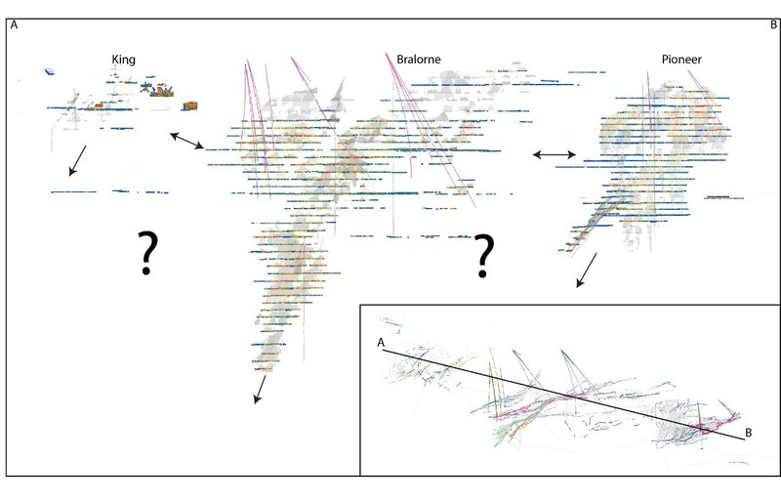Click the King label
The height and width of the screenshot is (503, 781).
click(x=124, y=60)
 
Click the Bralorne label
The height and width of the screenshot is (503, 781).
click(x=419, y=60)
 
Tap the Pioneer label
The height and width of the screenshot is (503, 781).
click(x=681, y=60)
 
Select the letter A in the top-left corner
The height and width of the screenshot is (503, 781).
click(x=14, y=25)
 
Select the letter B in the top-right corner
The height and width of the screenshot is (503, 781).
click(x=774, y=24)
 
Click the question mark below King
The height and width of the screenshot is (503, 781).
click(x=147, y=253)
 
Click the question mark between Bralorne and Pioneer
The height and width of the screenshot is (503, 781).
click(x=483, y=256)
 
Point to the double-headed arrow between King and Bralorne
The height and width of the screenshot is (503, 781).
click(x=186, y=141)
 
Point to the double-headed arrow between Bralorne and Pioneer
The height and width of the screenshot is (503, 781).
click(x=555, y=155)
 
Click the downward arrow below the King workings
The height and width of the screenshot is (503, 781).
click(x=77, y=160)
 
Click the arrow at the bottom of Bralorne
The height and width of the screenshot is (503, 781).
click(x=260, y=390)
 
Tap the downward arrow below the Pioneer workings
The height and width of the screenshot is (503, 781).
click(x=587, y=271)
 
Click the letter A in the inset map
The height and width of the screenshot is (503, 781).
click(x=381, y=343)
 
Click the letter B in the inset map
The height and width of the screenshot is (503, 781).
click(x=748, y=434)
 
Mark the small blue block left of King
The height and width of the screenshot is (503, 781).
click(x=49, y=71)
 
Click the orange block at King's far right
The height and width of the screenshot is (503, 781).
click(x=190, y=105)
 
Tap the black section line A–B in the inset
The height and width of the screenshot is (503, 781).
click(x=563, y=395)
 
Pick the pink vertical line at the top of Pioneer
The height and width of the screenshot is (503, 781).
click(x=649, y=101)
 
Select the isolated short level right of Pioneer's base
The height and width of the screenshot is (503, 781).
click(x=723, y=198)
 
